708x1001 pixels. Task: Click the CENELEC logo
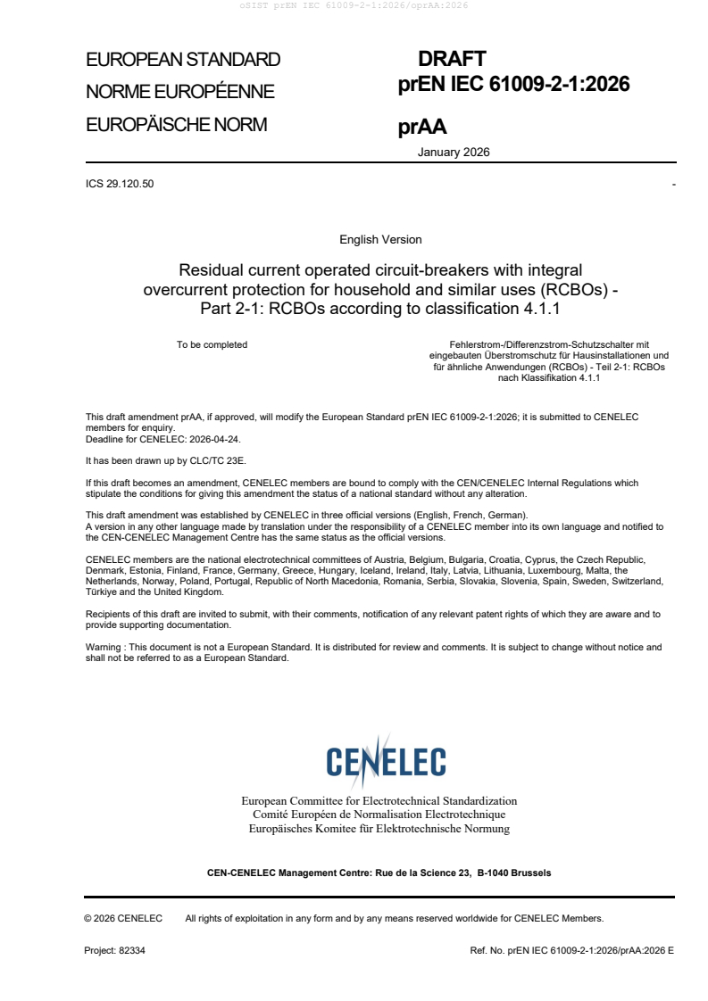[x=386, y=761]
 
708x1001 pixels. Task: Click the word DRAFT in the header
[x=452, y=59]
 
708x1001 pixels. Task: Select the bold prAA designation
[x=422, y=128]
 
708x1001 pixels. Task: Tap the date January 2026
[x=454, y=152]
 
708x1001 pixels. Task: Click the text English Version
[x=380, y=239]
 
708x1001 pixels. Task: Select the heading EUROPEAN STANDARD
[x=183, y=60]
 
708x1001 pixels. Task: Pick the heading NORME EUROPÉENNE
[x=179, y=92]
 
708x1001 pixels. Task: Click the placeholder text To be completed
[x=212, y=344]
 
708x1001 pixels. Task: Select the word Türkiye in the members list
[x=102, y=592]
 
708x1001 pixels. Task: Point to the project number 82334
[x=132, y=950]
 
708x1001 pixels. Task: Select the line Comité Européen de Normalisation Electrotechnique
[x=379, y=815]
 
